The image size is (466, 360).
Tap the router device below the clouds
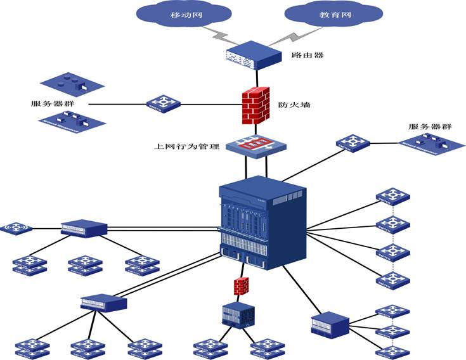[x=253, y=55]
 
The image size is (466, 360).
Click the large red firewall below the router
[x=256, y=103]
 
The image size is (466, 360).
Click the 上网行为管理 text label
[x=187, y=146]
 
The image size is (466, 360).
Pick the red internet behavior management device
[x=257, y=145]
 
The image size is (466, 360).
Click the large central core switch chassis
[x=262, y=222]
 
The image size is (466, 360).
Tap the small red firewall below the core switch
[x=241, y=286]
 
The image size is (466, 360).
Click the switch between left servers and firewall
[x=163, y=103]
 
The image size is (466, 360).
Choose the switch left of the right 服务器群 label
[x=352, y=143]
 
